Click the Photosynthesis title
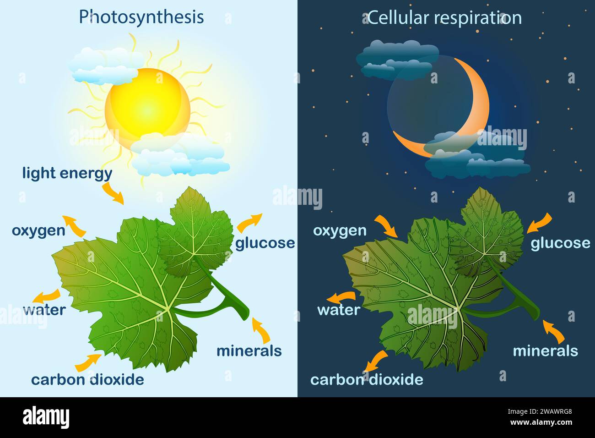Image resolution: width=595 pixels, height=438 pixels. (141, 17)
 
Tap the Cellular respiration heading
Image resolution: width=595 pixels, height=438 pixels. (444, 18)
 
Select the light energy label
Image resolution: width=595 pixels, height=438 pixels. (67, 173)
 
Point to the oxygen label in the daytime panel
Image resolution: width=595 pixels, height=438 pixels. (38, 230)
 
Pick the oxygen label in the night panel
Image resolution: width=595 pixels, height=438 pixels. (340, 230)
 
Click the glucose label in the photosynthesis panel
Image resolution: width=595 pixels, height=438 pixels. (265, 243)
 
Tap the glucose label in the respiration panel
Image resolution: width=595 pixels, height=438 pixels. (560, 243)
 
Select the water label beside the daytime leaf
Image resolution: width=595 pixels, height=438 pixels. (44, 310)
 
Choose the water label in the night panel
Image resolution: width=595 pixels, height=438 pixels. (339, 310)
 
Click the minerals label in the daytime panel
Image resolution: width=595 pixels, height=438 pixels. (249, 351)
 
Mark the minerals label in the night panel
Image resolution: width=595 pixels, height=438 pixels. (545, 351)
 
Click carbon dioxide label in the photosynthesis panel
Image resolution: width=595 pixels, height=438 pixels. (87, 379)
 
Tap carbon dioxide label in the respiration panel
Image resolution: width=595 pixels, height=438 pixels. (367, 379)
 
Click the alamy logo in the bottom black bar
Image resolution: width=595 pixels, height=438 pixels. (46, 417)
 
